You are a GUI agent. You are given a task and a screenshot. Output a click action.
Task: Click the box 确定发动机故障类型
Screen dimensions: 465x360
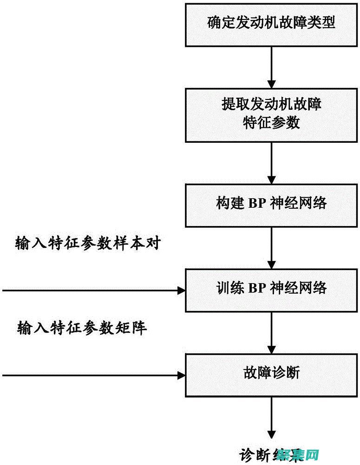click(x=272, y=23)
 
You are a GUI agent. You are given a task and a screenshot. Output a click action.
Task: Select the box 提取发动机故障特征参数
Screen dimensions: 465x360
click(x=272, y=115)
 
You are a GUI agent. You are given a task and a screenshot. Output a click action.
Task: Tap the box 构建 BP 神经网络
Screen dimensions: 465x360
click(x=272, y=203)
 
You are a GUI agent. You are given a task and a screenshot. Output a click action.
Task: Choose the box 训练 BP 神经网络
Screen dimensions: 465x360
click(x=272, y=288)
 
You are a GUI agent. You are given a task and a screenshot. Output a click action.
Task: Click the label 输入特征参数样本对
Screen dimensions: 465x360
click(x=88, y=243)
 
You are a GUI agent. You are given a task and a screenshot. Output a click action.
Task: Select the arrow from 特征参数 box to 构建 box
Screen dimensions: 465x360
click(x=272, y=163)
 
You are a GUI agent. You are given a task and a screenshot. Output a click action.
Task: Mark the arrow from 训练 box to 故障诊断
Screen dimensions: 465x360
click(x=272, y=332)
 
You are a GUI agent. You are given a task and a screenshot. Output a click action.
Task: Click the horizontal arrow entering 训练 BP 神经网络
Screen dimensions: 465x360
click(x=93, y=291)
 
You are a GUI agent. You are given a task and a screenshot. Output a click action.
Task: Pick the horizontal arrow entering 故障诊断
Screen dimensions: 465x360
click(x=93, y=375)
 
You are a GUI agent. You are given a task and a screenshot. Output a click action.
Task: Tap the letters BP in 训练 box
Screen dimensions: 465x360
click(x=256, y=288)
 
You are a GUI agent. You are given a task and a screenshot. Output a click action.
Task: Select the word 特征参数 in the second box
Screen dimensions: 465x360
click(x=272, y=123)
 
